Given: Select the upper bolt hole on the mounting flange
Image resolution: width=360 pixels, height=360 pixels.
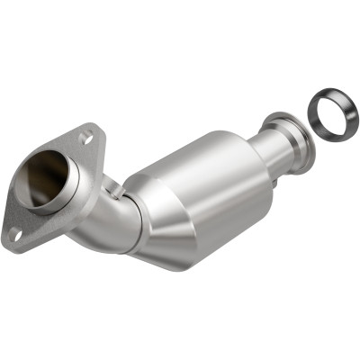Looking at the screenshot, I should tap(85, 138).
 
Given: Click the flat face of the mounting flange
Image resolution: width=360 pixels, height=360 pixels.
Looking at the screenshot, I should tap(36, 216).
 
